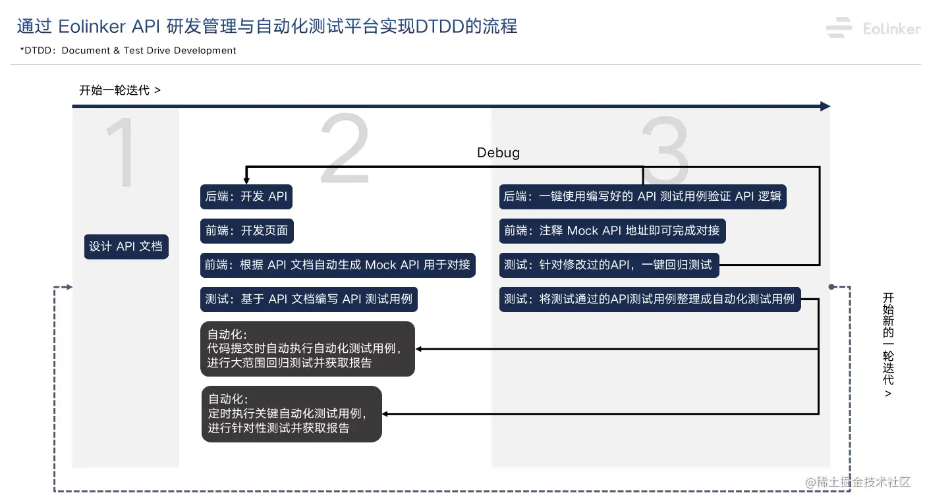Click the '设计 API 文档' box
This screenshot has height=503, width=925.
(x=126, y=246)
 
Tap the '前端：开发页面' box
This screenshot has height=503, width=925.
(x=246, y=230)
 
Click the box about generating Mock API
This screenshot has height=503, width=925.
(x=337, y=265)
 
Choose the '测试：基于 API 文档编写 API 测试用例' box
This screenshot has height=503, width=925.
(x=308, y=299)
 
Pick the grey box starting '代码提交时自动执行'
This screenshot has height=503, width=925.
(x=307, y=349)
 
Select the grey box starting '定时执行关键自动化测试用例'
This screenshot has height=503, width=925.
(x=291, y=414)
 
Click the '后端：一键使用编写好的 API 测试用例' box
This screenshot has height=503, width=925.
(x=642, y=196)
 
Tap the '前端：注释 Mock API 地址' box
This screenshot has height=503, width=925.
(x=612, y=230)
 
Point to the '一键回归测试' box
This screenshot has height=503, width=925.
(x=608, y=265)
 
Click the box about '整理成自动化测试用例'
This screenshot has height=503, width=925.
(x=650, y=299)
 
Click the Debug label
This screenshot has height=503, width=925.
(x=498, y=153)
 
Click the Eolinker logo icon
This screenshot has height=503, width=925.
(x=839, y=28)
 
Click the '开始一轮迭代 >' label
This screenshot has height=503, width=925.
(x=120, y=90)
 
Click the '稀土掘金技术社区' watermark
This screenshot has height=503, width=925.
(x=858, y=482)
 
